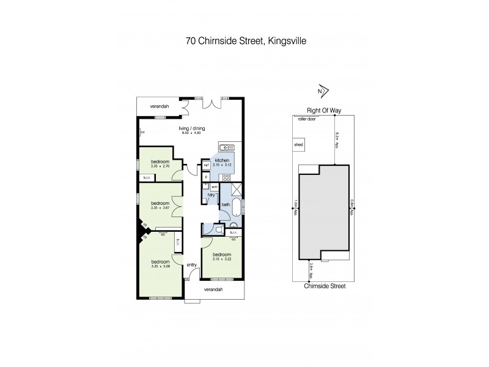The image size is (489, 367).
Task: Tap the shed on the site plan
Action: tap(299, 145)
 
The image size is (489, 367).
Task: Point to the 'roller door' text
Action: tap(305, 119)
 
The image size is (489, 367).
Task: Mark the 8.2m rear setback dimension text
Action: tap(337, 141)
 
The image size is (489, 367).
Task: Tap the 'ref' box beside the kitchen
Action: tap(207, 166)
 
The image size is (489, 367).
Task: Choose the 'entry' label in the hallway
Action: tap(191, 264)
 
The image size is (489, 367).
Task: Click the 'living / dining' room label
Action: tap(192, 128)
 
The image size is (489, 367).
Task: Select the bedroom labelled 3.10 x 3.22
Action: tap(222, 257)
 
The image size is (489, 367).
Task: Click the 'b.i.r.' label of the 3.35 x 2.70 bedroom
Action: tap(147, 177)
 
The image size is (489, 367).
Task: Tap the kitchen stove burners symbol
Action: tap(226, 177)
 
